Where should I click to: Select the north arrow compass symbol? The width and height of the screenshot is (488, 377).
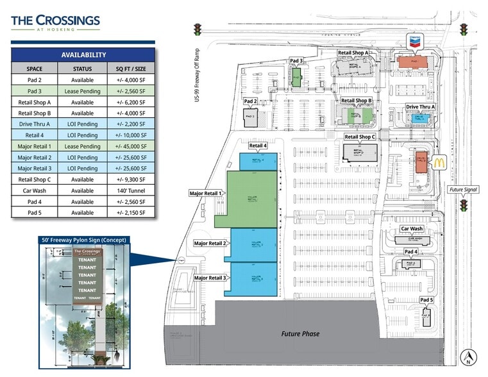click(x=469, y=355)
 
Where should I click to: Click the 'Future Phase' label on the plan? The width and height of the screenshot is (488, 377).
click(x=300, y=334)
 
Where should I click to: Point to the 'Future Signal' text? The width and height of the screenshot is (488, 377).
click(x=464, y=190)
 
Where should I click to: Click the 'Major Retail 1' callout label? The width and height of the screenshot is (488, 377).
click(x=205, y=193)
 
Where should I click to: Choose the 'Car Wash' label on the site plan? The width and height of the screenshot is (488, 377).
click(x=412, y=229)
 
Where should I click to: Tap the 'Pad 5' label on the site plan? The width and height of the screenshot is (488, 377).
click(x=427, y=300)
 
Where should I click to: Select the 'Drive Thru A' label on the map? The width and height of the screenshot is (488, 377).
click(x=420, y=107)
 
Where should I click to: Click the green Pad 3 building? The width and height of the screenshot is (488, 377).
click(x=296, y=78)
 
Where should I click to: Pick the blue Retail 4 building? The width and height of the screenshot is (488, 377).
click(x=258, y=161)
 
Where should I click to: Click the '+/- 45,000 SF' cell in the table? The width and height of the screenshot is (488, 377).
click(x=131, y=146)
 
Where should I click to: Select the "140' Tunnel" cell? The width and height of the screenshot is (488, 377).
click(x=131, y=190)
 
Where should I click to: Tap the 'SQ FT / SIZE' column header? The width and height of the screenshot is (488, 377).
click(x=131, y=69)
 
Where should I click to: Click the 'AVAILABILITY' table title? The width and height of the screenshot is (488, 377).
click(x=83, y=55)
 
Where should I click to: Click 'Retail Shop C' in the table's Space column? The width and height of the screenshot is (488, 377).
click(x=35, y=180)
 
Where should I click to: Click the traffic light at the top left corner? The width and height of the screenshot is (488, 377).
click(x=198, y=30)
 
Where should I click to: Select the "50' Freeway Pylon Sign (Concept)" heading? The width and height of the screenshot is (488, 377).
click(x=83, y=240)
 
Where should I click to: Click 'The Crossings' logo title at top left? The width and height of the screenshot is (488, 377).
click(x=55, y=21)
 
